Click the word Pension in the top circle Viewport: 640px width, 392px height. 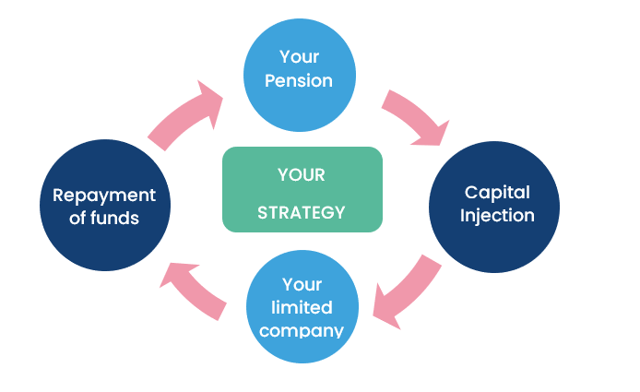(x=299, y=81)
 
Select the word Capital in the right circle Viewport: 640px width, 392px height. (x=497, y=193)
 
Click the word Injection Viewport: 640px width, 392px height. (x=498, y=216)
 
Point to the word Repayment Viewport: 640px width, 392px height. (x=104, y=196)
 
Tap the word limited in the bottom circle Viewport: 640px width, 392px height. (x=301, y=306)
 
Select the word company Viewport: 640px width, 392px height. (x=301, y=329)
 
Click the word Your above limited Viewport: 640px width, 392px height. (x=301, y=284)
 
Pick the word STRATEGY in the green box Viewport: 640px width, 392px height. (x=302, y=213)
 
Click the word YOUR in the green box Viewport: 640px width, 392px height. (x=302, y=174)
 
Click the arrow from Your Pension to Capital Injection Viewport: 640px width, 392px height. (x=415, y=115)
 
